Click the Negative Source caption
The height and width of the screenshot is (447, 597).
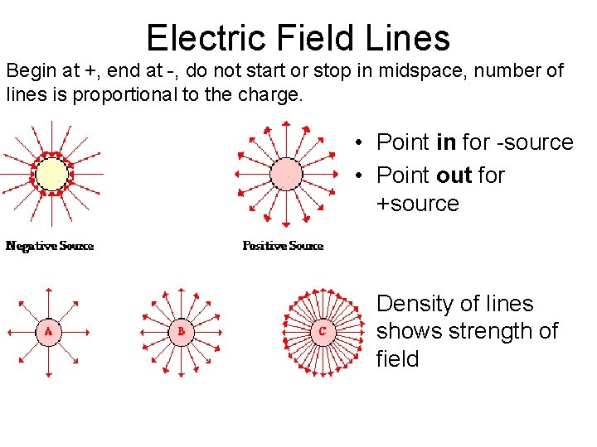pos(50,246)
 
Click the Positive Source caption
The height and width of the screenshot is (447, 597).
pos(283,246)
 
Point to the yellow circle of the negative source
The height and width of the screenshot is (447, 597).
pos(51,175)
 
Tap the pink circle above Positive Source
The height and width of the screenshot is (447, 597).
pos(285,175)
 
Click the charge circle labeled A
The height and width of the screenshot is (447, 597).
pos(49,332)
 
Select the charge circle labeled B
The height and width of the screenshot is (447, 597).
pos(181,332)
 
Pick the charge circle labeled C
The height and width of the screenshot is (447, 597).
pos(322,332)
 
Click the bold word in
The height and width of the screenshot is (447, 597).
pos(445,142)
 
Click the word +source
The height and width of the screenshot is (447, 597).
pos(418,204)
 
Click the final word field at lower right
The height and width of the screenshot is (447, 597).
pos(397,359)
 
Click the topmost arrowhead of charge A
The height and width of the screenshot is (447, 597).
pos(48,290)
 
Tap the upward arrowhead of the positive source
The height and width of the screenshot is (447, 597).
pos(285,125)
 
